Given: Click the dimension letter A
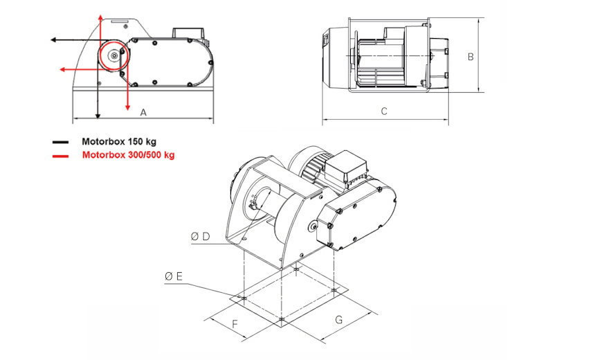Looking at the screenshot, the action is tap(143, 112).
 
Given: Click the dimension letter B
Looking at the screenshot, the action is tap(470, 57).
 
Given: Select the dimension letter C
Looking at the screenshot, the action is tap(384, 111).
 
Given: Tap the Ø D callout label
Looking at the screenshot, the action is tap(201, 237).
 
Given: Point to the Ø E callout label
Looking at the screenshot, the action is tap(174, 276).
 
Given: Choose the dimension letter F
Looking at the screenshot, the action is tap(235, 324).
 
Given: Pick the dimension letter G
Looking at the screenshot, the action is tap(339, 319).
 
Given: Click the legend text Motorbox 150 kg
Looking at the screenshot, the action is tap(119, 142).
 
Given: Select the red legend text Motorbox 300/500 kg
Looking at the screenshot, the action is tap(128, 155).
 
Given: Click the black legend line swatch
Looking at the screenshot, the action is tap(61, 143).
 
